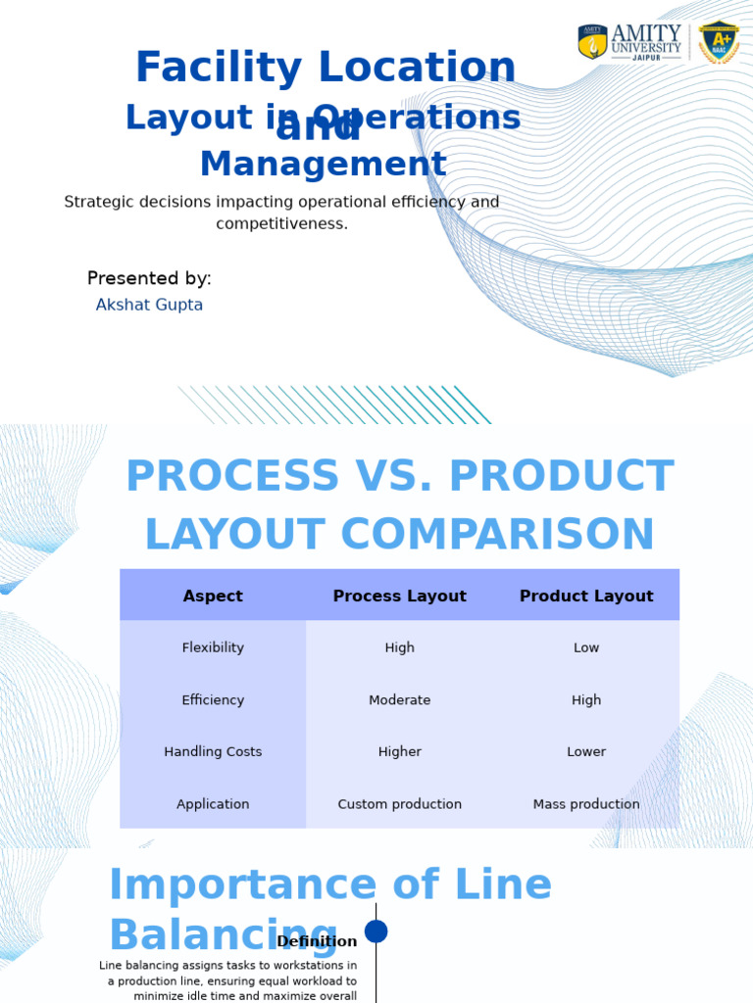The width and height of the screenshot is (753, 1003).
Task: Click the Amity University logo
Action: [629, 42]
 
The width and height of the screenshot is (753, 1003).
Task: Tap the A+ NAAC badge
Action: [719, 42]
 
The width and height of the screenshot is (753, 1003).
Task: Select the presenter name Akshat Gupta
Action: [149, 305]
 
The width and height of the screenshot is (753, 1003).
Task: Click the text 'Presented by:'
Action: [149, 278]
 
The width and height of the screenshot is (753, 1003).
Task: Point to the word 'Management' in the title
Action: [323, 165]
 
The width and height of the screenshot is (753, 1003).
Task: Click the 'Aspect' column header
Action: [213, 596]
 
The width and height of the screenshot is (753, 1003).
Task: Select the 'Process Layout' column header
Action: [399, 596]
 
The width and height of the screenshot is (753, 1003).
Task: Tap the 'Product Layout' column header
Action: [586, 596]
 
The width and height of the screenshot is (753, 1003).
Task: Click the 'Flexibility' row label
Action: [213, 647]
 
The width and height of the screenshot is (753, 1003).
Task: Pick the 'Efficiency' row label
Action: [213, 700]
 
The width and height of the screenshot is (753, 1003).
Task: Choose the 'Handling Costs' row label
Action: [213, 752]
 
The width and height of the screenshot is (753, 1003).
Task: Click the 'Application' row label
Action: [213, 804]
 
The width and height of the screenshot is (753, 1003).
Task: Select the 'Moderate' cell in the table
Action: [399, 700]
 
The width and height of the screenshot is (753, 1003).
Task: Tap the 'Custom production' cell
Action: [399, 804]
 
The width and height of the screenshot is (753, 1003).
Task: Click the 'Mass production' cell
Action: [586, 804]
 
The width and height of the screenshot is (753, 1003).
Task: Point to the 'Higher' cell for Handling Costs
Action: [399, 752]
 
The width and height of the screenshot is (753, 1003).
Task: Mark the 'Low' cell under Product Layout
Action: [586, 647]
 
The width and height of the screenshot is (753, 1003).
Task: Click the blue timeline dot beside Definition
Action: [376, 931]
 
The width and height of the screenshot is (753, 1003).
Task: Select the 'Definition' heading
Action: [317, 941]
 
